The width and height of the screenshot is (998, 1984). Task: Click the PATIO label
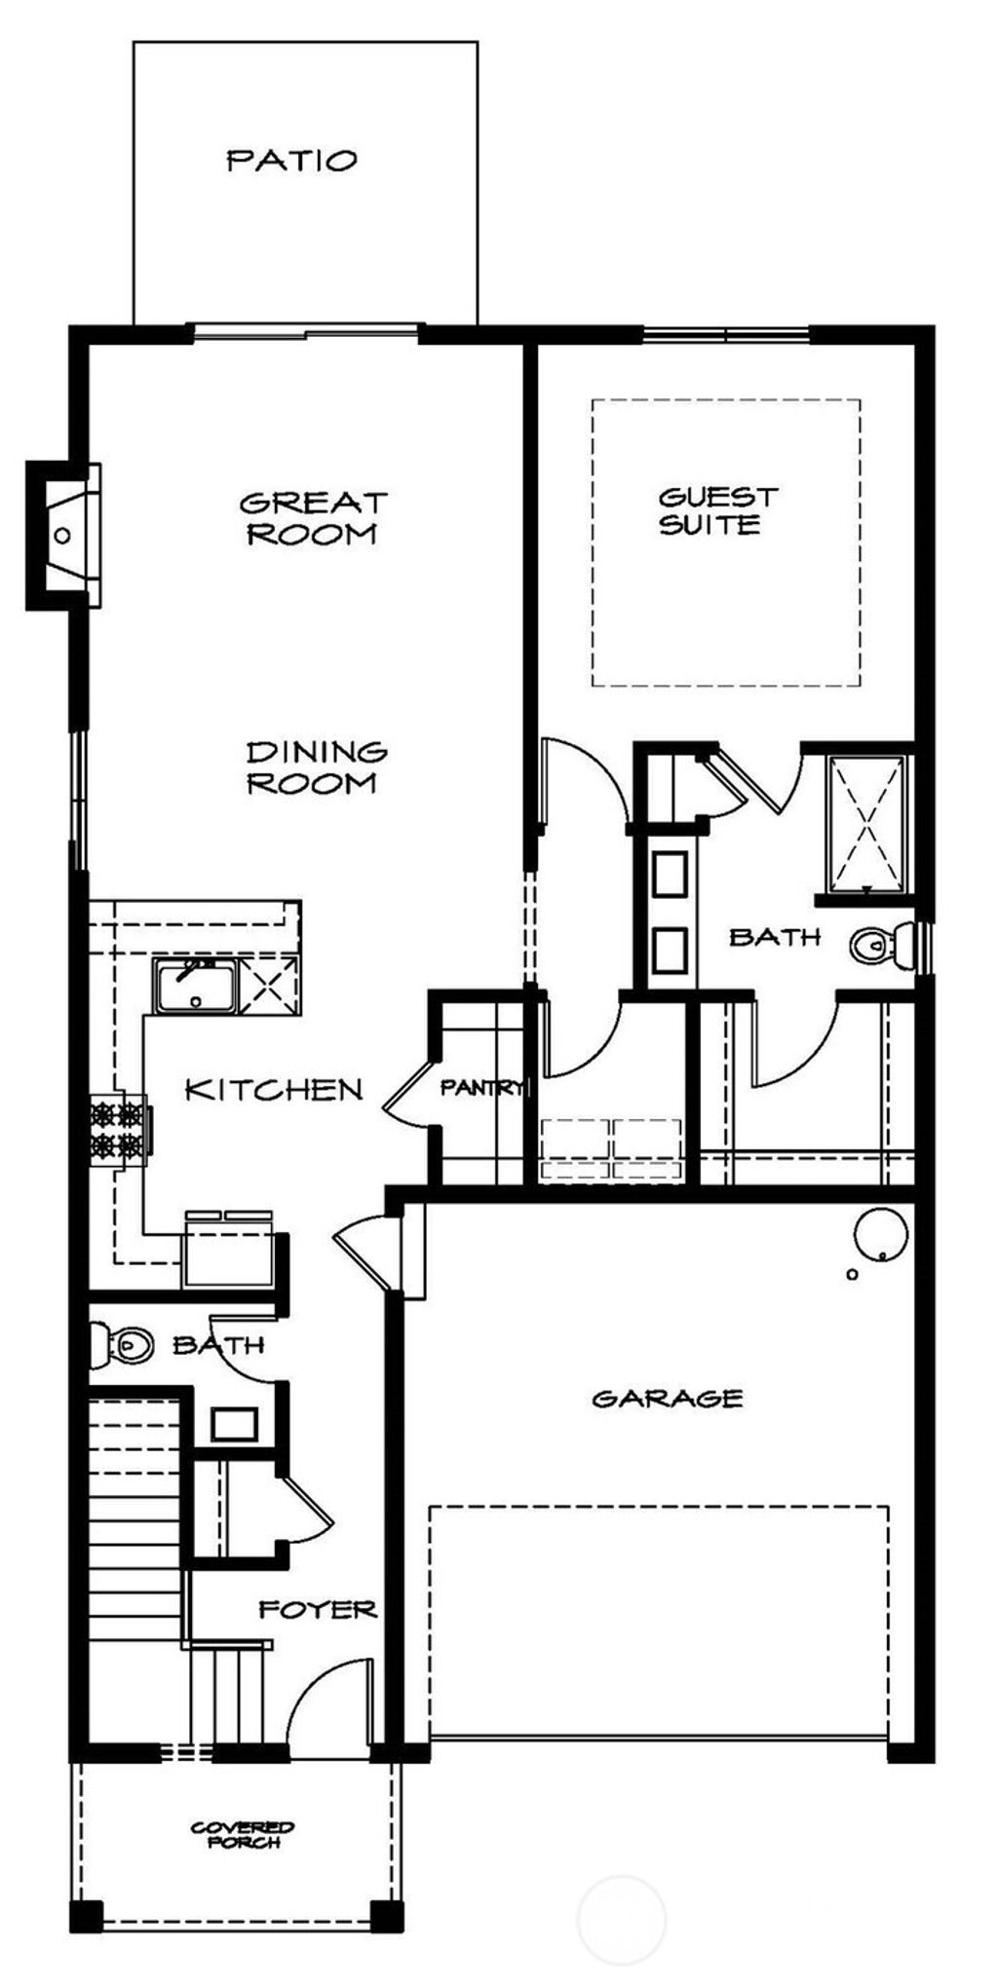coord(292,160)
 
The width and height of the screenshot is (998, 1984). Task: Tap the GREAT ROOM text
coord(314,518)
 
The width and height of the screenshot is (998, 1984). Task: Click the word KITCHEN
coord(274,1090)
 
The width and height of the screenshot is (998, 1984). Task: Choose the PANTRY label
coord(481,1088)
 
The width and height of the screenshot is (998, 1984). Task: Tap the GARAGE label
coord(668,1399)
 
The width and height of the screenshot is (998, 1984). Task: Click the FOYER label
coord(318,1609)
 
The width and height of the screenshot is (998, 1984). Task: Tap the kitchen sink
coord(195,987)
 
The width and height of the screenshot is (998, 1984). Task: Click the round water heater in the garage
coord(881,1235)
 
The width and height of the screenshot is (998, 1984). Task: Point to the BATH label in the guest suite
coord(775,937)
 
